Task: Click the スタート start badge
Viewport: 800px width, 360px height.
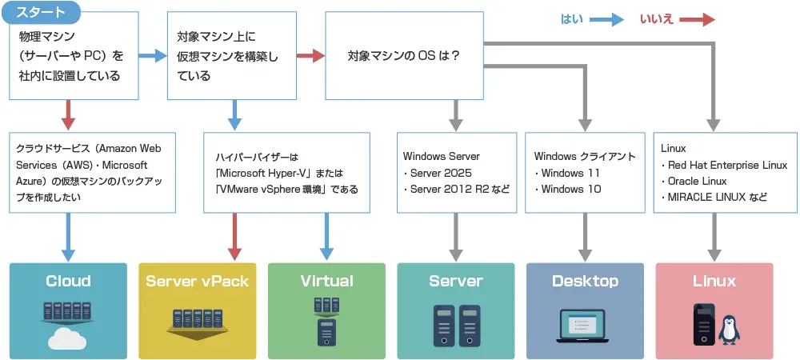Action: (x=42, y=13)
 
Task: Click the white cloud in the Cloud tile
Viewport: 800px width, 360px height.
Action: (x=67, y=338)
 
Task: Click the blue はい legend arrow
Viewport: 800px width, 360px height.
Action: (x=606, y=20)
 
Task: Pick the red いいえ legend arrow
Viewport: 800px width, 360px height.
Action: (x=698, y=20)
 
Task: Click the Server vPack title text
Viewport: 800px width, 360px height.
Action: (x=197, y=281)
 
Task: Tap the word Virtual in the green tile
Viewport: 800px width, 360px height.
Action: (x=326, y=281)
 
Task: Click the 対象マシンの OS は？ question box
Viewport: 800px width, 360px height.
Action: (x=405, y=55)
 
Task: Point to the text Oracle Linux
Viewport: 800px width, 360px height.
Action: (x=697, y=181)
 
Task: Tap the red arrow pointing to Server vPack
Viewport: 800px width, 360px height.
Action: (x=234, y=237)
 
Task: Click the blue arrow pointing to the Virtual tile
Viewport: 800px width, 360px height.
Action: (x=326, y=237)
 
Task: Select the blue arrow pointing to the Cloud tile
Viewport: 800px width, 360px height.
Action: (x=68, y=237)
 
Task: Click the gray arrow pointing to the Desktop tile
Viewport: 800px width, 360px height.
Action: (x=586, y=237)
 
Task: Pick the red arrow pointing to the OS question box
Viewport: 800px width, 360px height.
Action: (x=310, y=55)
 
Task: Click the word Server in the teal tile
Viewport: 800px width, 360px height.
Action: (x=456, y=281)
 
